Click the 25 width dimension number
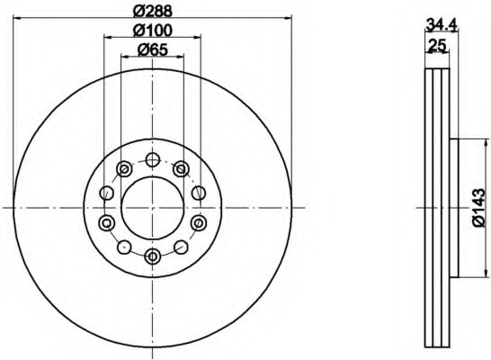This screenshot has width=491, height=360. (439, 44)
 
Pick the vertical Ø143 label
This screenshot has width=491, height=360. (478, 207)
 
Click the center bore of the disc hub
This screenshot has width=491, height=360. (152, 208)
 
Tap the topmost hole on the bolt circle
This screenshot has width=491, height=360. (152, 160)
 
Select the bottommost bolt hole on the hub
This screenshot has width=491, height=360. (152, 256)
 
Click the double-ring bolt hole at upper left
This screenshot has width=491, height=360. (123, 168)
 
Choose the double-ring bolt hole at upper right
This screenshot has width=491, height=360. (181, 168)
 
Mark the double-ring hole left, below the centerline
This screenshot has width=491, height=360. (106, 222)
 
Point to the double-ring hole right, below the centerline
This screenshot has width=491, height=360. (198, 222)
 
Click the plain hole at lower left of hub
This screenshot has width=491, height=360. (123, 246)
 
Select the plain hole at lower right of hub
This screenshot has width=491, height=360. (181, 246)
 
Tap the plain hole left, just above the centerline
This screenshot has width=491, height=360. (106, 192)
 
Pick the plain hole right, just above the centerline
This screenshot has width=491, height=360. (198, 192)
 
